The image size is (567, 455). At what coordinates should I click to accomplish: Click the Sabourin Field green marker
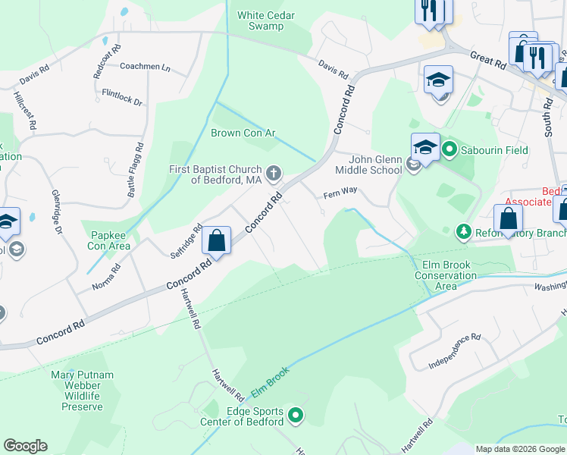coord(448,149)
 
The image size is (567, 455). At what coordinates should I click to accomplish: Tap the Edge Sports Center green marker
coord(296,416)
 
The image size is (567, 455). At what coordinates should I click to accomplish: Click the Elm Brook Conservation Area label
coord(446,275)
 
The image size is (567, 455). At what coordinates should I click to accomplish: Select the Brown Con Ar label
coord(243,133)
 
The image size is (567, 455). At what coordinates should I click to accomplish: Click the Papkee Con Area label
coord(110,240)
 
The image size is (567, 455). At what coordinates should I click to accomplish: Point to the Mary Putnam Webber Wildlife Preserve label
coord(82,391)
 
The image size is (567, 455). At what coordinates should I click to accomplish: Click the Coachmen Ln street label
coord(145,67)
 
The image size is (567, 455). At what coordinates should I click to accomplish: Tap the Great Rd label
coord(487,61)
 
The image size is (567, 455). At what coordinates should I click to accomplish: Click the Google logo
coord(25,446)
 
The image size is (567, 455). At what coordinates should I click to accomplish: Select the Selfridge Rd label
coord(186,241)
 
